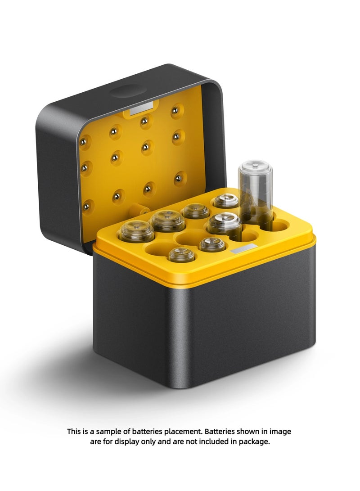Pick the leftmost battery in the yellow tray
[x=137, y=231]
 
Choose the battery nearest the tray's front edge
[x=181, y=255]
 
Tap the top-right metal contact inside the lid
[x=176, y=110]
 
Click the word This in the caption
[x=75, y=431]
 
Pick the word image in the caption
[x=282, y=431]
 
